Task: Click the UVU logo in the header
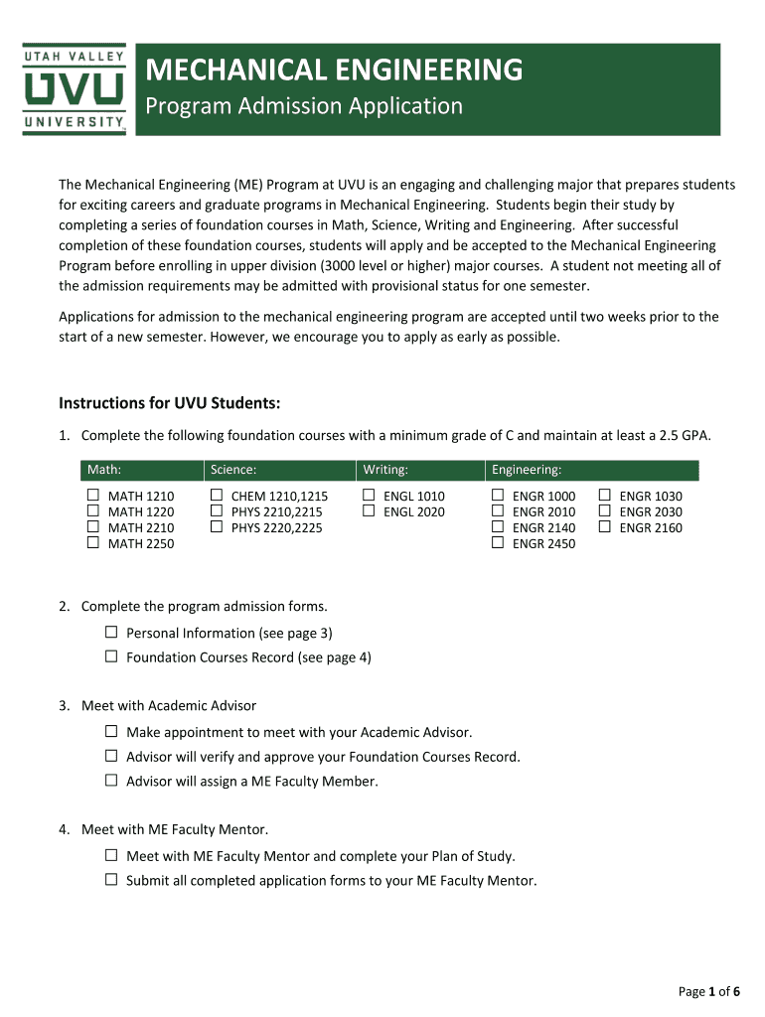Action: point(75,89)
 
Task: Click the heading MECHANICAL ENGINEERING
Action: point(335,70)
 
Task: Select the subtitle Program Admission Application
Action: point(304,106)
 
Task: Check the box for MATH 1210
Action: point(92,496)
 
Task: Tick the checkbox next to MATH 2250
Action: point(92,543)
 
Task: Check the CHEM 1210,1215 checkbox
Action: point(216,496)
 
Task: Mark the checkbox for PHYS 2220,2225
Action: point(216,527)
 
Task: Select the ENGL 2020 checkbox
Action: point(368,511)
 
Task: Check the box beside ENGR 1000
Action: point(497,496)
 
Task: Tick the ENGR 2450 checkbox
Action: point(497,543)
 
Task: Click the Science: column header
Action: point(233,470)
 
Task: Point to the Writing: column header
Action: point(385,470)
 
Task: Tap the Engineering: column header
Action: point(527,470)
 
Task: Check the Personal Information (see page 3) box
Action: point(111,633)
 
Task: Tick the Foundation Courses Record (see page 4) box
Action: point(111,656)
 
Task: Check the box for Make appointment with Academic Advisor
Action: point(111,732)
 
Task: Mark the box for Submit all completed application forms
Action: point(111,880)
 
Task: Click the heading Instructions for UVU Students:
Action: point(170,403)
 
